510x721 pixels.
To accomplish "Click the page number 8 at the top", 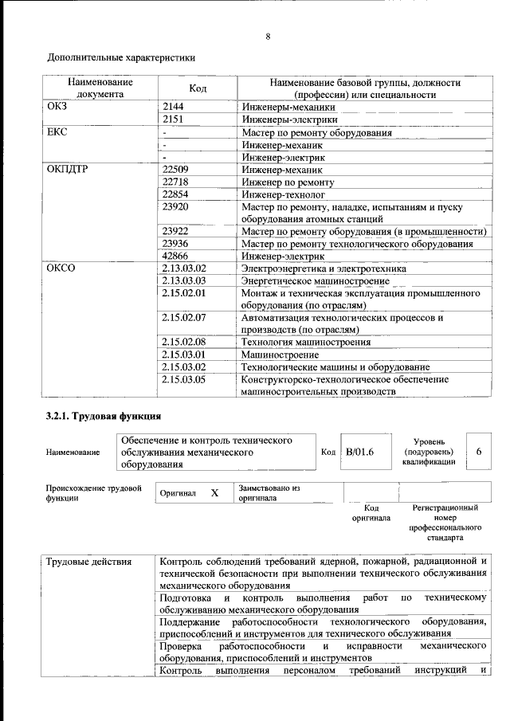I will click(268, 36).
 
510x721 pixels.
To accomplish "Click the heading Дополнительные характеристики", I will click(121, 57).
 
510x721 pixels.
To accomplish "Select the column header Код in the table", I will click(198, 88).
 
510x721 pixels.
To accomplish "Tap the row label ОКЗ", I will click(58, 106).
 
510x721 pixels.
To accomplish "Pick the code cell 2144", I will click(173, 106).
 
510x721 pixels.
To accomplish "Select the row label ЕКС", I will click(58, 132).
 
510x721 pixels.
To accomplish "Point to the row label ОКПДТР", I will click(67, 170).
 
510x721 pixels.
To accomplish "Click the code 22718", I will click(175, 182).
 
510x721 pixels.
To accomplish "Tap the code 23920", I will click(175, 208).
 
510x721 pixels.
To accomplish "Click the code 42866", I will click(175, 257).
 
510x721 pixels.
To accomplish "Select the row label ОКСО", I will click(61, 269).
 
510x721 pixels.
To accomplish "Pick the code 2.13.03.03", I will click(183, 281).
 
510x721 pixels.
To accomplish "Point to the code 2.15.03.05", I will click(183, 379).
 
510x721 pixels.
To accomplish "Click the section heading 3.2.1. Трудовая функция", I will click(104, 416).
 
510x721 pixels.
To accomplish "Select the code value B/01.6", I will click(359, 452).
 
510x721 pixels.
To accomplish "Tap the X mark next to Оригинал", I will click(214, 493).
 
